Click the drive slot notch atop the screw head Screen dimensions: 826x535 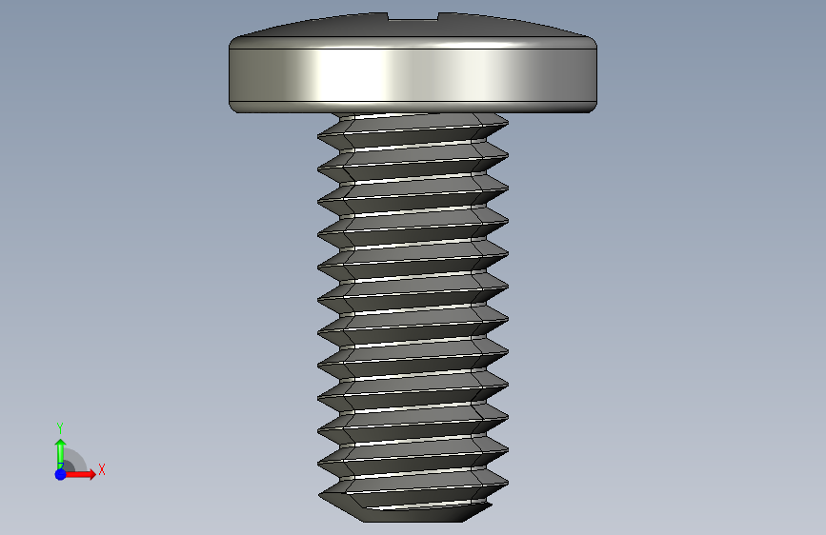click(x=413, y=17)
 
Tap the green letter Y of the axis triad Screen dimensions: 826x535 click(x=60, y=427)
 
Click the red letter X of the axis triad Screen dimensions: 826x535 click(x=102, y=469)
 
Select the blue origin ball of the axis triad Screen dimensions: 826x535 click(x=61, y=474)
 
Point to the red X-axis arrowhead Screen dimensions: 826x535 click(x=92, y=474)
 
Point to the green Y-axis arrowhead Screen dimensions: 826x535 click(x=61, y=444)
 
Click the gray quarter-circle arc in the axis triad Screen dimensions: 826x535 click(x=79, y=457)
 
